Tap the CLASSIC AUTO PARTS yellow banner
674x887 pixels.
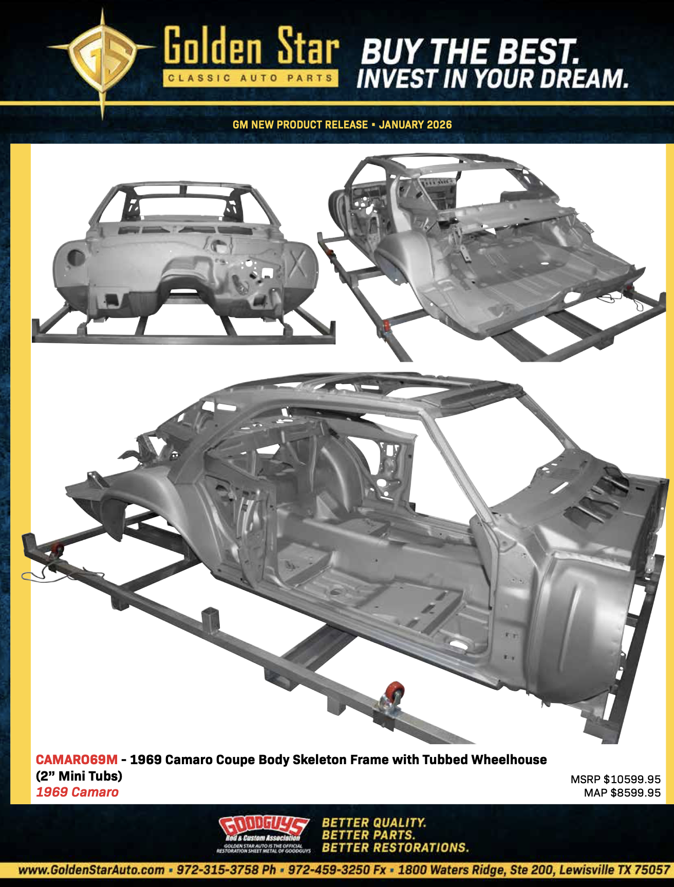(251, 79)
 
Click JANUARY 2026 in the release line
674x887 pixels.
(415, 125)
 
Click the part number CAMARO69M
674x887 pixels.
(77, 760)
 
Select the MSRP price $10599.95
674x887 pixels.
(631, 780)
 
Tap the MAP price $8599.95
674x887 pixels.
(635, 793)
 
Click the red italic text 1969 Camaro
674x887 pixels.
(77, 792)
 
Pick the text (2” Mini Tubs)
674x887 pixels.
(79, 776)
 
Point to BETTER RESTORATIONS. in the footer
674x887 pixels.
(395, 847)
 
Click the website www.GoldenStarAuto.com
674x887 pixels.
(91, 870)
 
